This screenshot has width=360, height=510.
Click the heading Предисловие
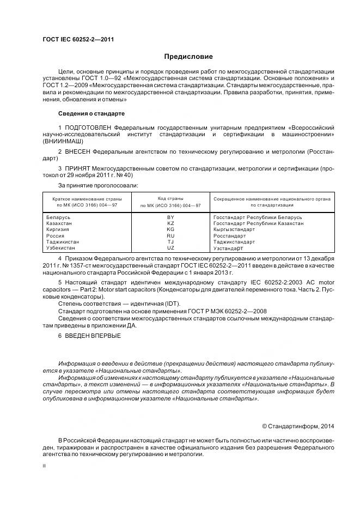188,57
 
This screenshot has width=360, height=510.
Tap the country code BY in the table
170,217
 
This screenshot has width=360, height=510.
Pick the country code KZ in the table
170,223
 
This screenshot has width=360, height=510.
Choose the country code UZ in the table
170,247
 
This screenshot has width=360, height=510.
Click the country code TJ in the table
170,241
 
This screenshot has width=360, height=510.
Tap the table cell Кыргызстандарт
234,229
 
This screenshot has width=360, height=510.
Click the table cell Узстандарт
230,247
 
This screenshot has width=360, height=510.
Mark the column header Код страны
170,199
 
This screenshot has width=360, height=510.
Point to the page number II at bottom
44,466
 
